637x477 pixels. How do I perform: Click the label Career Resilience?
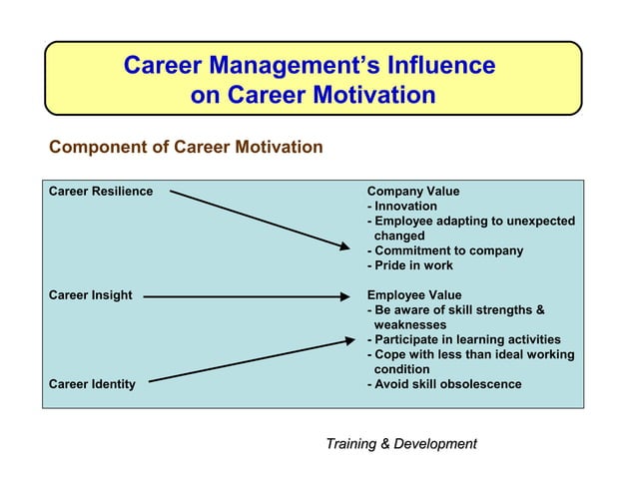pos(101,192)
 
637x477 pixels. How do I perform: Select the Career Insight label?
pos(91,295)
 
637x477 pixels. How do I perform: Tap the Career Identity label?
pos(93,384)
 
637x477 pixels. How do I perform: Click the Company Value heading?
pos(413,192)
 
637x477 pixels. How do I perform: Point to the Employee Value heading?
pos(414,295)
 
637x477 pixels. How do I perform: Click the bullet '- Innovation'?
pos(402,207)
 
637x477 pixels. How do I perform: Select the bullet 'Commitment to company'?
pos(445,250)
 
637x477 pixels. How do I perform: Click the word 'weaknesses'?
pos(410,324)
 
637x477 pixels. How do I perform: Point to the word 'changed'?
pos(399,236)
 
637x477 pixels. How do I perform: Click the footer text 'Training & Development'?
pos(401,443)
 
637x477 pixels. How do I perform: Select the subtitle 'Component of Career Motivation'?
pos(186,148)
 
